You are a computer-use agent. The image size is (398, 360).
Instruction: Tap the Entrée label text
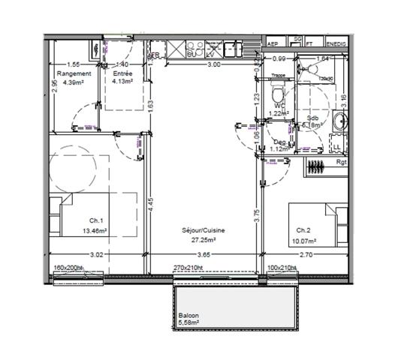[x=122, y=73]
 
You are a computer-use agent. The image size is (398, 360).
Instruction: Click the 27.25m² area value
[x=204, y=240]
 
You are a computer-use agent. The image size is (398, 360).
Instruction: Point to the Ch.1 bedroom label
[x=95, y=220]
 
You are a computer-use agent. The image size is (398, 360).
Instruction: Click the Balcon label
[x=188, y=316]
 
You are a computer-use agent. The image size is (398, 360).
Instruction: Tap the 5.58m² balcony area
[x=191, y=323]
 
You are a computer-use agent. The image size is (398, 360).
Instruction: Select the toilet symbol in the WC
[x=277, y=94]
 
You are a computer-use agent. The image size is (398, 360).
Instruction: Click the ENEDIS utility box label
[x=336, y=44]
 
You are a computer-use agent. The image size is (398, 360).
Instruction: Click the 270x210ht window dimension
[x=188, y=267]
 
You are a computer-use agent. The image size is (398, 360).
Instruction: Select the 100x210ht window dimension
[x=282, y=267]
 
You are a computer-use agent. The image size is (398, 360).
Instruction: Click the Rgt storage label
[x=342, y=161]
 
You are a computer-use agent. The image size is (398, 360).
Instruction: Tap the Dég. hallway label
[x=279, y=142]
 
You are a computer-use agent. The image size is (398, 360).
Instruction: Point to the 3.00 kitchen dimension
[x=214, y=65]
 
